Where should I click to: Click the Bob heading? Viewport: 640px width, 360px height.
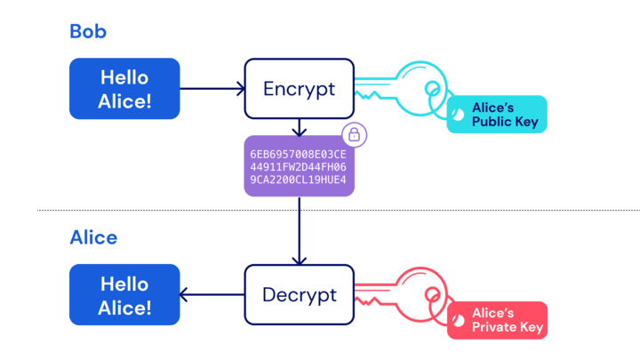click(x=88, y=31)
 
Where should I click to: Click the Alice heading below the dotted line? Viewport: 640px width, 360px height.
click(x=93, y=237)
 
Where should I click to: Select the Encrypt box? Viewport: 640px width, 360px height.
click(x=300, y=89)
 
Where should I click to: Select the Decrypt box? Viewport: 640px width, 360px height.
click(x=300, y=295)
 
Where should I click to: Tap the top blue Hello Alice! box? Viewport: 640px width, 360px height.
click(x=124, y=89)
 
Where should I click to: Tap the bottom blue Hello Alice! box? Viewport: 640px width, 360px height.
click(x=124, y=295)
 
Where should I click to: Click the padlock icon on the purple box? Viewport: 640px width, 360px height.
click(x=355, y=135)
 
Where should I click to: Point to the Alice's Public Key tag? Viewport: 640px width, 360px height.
click(x=497, y=115)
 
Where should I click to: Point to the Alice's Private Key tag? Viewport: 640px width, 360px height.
click(x=497, y=320)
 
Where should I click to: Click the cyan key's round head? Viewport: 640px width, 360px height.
click(x=420, y=64)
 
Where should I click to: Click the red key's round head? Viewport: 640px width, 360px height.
click(x=420, y=270)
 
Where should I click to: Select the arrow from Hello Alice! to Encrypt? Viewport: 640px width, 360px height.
click(x=212, y=89)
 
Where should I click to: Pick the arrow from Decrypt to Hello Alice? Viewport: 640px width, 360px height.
click(x=212, y=295)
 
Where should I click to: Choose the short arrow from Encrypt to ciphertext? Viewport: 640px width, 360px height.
click(x=300, y=127)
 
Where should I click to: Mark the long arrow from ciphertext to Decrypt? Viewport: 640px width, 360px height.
click(x=300, y=231)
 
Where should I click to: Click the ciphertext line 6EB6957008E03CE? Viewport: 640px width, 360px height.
click(x=298, y=155)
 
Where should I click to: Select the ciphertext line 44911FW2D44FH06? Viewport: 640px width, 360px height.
click(x=298, y=167)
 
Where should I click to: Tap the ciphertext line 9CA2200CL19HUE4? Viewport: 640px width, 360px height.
click(x=298, y=180)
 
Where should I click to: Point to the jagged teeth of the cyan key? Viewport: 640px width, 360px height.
click(x=368, y=95)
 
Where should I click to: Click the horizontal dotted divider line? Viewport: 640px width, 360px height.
click(x=339, y=210)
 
